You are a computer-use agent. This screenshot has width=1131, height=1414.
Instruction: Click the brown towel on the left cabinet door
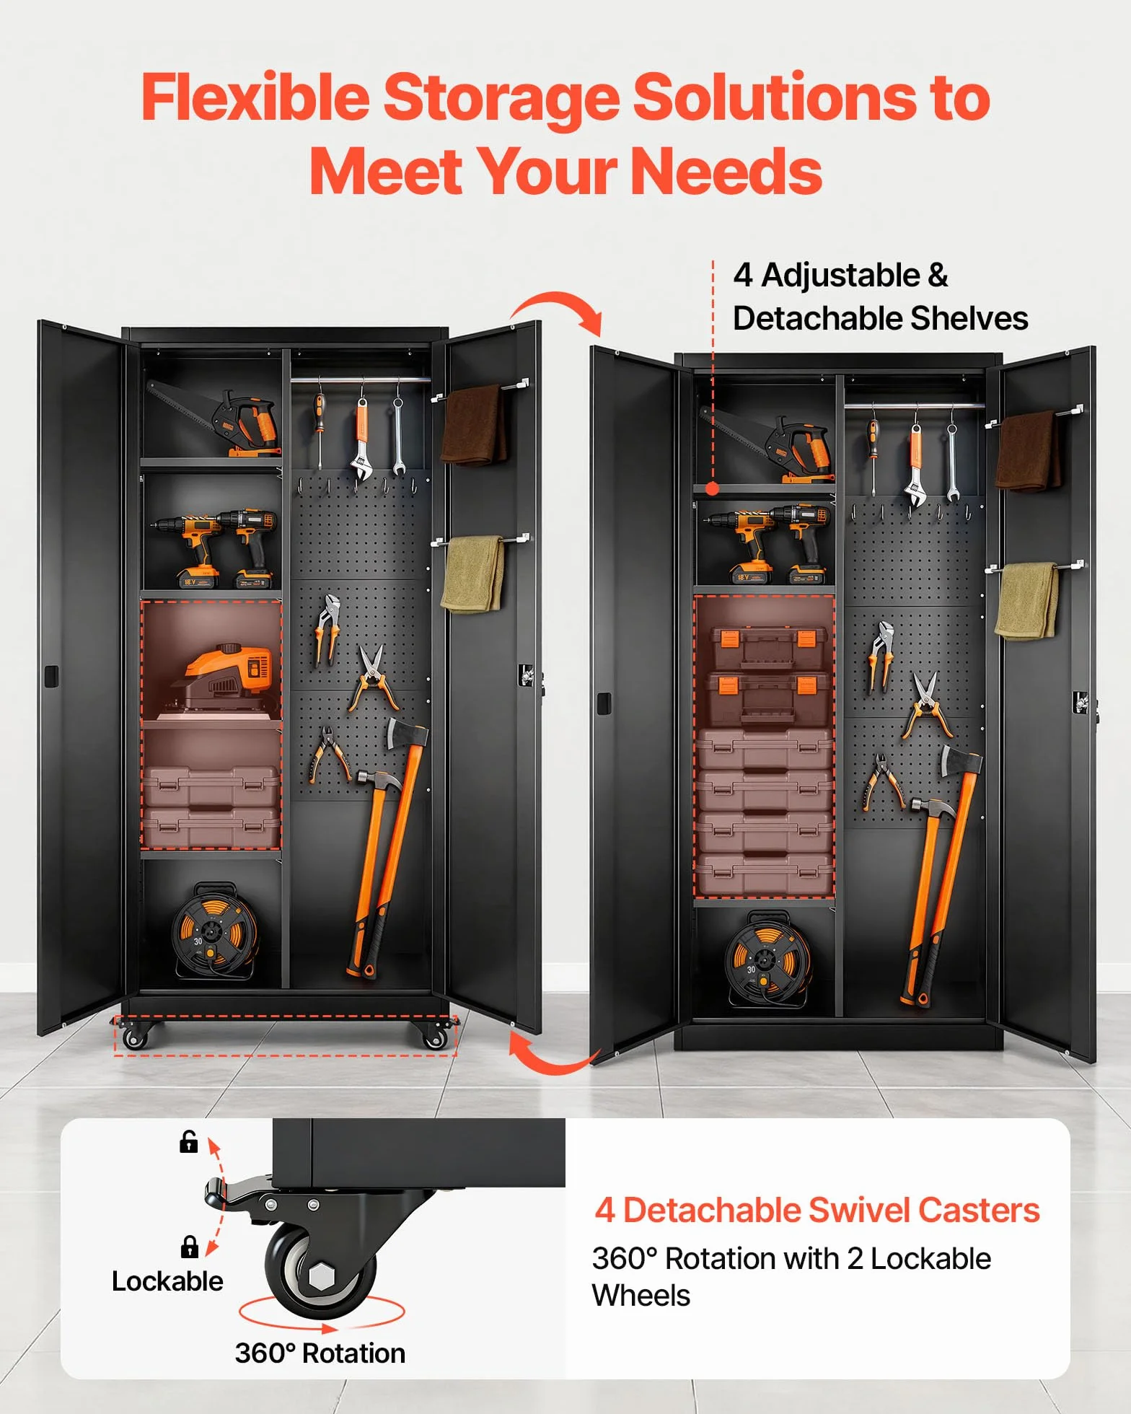(x=473, y=425)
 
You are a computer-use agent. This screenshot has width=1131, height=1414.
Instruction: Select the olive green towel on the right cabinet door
(x=1027, y=601)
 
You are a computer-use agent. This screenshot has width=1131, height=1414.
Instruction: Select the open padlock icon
(x=188, y=1141)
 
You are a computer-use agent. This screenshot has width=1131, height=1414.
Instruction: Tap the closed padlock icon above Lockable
(x=189, y=1247)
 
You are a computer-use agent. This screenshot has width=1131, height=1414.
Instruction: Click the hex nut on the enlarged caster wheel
(x=321, y=1277)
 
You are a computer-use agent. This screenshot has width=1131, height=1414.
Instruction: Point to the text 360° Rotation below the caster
(x=320, y=1353)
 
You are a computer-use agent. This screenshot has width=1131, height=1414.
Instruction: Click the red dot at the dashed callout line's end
(x=713, y=488)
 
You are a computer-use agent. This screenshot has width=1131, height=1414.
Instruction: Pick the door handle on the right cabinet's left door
(x=604, y=703)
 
